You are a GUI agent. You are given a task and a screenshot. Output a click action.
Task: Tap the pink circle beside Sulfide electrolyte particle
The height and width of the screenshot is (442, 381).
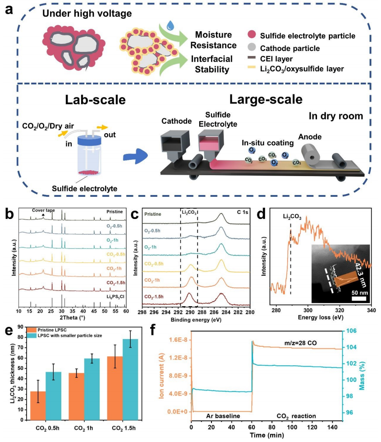(x=252, y=35)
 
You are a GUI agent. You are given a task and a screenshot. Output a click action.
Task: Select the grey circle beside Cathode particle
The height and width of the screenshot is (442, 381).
(x=252, y=48)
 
